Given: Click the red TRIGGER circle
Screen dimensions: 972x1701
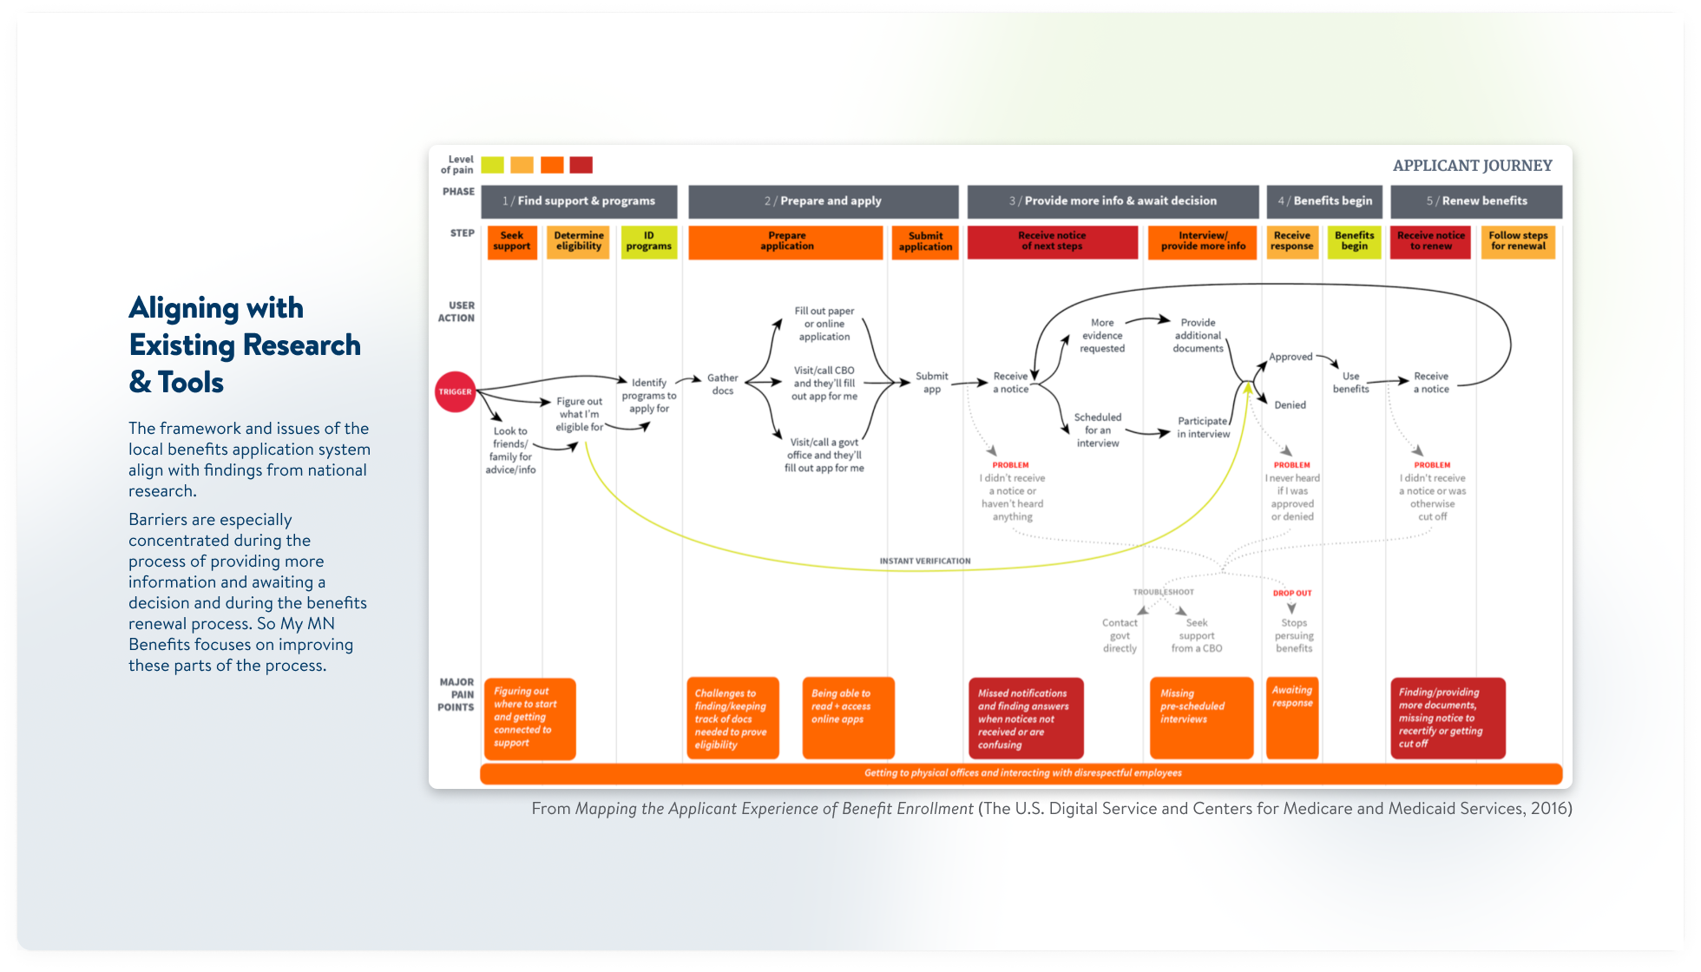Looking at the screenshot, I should click(x=455, y=391).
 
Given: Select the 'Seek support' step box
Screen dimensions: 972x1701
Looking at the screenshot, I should click(x=512, y=241).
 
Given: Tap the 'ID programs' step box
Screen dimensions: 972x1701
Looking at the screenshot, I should click(x=648, y=241).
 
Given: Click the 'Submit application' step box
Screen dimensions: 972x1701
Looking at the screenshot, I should click(x=925, y=241).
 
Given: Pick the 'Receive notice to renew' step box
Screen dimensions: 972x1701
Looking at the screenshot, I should click(x=1430, y=241).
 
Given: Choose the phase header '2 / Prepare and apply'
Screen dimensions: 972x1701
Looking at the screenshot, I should click(x=823, y=201).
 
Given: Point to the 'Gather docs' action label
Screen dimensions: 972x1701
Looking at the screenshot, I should click(x=722, y=384).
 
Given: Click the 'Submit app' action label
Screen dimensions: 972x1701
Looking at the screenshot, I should click(x=932, y=383).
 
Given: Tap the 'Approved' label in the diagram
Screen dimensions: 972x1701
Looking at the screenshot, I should click(x=1291, y=357).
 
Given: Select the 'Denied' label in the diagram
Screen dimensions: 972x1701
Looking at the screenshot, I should click(x=1290, y=405).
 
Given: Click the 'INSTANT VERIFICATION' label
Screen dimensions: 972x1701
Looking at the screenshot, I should click(x=925, y=562).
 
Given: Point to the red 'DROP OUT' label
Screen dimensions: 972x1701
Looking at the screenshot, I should click(x=1292, y=594).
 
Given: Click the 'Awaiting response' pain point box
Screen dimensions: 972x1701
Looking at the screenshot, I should click(x=1292, y=717).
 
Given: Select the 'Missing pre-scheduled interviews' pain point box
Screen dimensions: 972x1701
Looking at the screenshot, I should click(x=1201, y=717).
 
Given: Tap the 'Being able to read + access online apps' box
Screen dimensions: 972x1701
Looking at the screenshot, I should click(x=848, y=717).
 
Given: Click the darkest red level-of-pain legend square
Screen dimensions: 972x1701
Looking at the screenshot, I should click(x=581, y=165).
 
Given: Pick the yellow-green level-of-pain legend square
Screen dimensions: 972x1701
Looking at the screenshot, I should click(x=492, y=165).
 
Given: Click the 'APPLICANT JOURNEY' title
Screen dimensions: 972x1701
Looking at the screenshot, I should click(x=1472, y=166).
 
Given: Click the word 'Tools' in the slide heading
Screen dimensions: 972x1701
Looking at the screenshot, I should click(x=191, y=383).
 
